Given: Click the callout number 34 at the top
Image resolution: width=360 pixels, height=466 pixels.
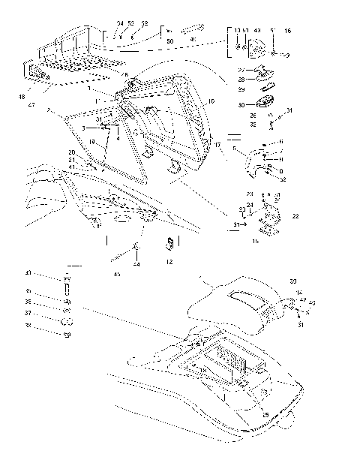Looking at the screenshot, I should (119, 23).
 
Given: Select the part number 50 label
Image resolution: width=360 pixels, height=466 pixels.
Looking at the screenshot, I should (169, 40).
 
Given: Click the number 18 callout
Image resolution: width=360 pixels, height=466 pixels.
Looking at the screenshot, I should (91, 141).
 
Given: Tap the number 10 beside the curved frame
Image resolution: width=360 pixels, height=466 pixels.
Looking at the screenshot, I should (211, 101).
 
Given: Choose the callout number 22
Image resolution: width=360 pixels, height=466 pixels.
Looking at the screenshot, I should (295, 216).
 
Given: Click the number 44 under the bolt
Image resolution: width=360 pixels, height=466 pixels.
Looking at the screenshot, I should (136, 265).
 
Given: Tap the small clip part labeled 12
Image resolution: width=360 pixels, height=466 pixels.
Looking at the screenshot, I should (169, 244).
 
